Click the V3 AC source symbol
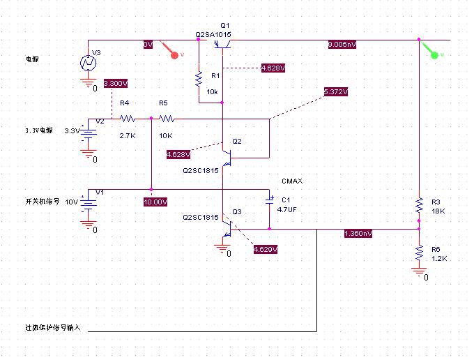(89, 63)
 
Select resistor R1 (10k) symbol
(199, 79)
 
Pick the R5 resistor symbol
(168, 119)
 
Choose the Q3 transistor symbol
(227, 228)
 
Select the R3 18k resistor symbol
(419, 205)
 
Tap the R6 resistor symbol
(419, 251)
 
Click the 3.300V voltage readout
(115, 84)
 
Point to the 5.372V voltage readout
(335, 92)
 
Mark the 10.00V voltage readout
(155, 202)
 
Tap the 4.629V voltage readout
(265, 250)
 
